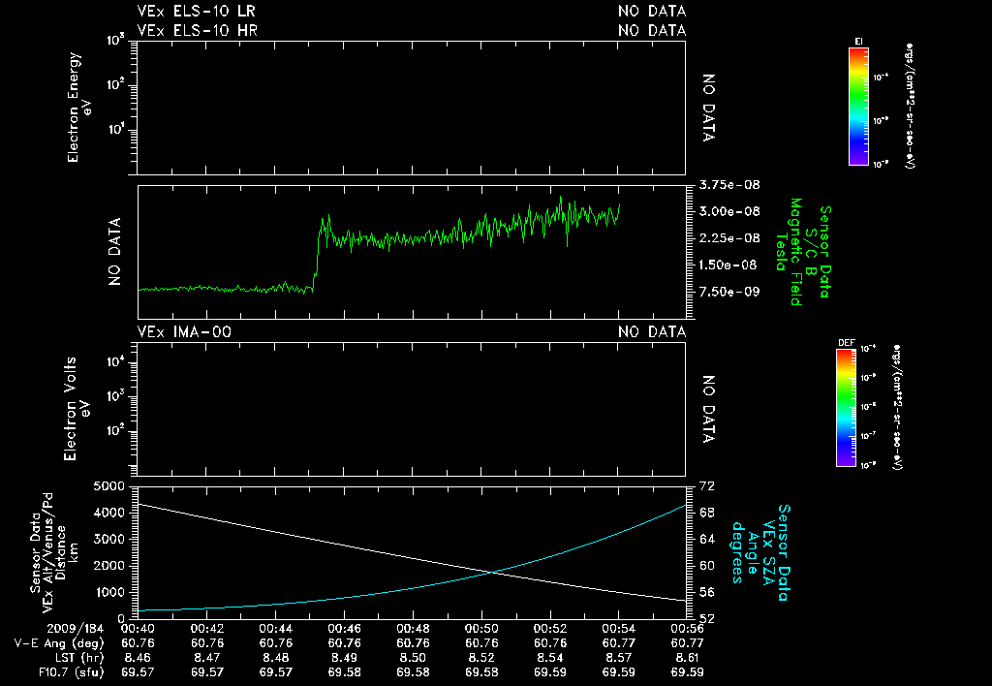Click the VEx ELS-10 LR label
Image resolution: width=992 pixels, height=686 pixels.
coord(197,12)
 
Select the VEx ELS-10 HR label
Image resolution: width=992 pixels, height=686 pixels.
coord(198,30)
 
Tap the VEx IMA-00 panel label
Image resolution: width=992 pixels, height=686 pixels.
coord(185,332)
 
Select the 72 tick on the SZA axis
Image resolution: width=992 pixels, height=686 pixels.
coord(707,485)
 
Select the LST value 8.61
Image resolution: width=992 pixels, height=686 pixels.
coord(687,657)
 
